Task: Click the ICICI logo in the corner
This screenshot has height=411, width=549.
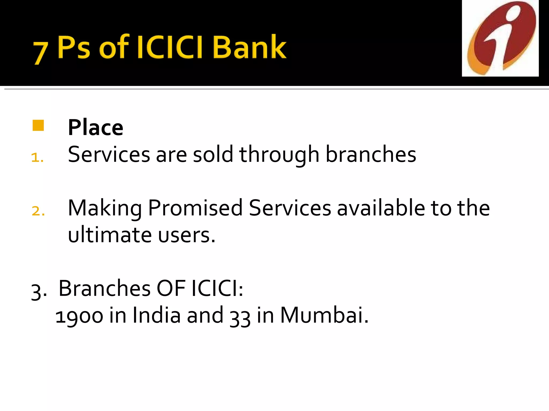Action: (500, 38)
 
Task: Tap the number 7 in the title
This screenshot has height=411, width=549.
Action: (40, 53)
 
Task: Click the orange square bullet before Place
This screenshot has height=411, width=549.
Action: (38, 125)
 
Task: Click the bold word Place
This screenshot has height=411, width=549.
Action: (95, 128)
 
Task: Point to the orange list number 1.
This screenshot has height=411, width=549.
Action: (37, 158)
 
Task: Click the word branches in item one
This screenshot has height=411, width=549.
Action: (371, 154)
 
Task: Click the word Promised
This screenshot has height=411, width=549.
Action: (195, 208)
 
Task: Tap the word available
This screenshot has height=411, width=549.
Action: (381, 208)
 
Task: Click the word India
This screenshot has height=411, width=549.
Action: (157, 315)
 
